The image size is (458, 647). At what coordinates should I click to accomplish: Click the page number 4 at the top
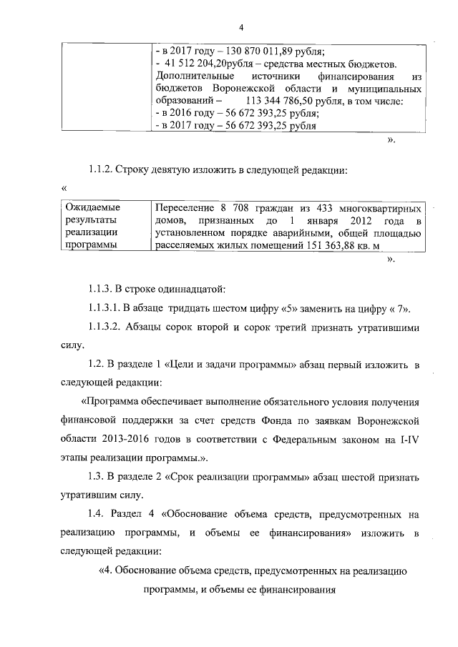point(241,27)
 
